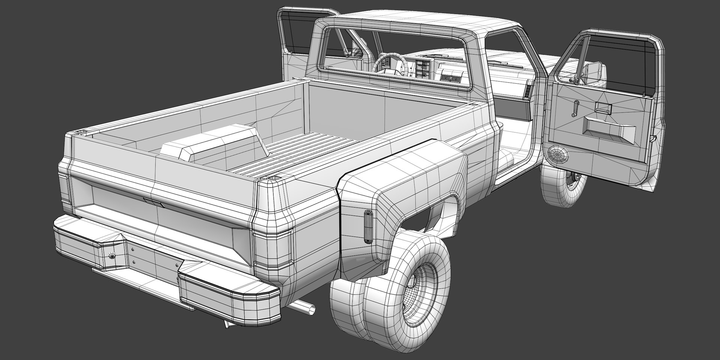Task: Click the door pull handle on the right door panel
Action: [604, 109]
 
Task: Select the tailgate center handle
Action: [153, 202]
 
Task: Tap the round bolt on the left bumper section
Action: [111, 255]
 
